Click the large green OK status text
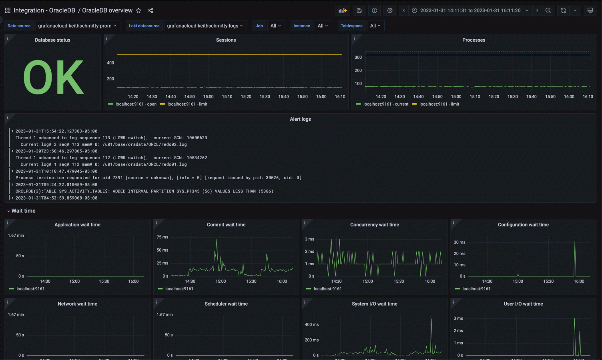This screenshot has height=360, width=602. (x=53, y=77)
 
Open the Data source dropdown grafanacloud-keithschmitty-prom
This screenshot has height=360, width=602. (x=77, y=26)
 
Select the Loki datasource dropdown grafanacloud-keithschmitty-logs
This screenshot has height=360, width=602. (x=205, y=26)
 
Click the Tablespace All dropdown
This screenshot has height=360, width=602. (x=375, y=26)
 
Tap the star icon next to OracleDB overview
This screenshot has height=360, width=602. (x=138, y=10)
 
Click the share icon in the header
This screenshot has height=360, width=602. (x=150, y=10)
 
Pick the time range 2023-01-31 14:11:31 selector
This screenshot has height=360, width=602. (x=470, y=10)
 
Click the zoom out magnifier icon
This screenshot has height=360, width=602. (x=548, y=10)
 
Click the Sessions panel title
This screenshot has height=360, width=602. (x=226, y=40)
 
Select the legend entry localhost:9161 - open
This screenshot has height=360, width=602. (x=136, y=104)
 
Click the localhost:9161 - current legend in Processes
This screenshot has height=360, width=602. (x=385, y=104)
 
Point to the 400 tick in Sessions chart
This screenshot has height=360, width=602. (x=110, y=63)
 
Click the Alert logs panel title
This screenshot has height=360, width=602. (x=300, y=119)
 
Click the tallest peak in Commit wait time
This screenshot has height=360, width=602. (x=217, y=240)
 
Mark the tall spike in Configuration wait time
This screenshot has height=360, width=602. (x=575, y=241)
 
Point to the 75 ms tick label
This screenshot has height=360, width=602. (x=162, y=237)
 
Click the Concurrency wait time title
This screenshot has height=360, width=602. (x=374, y=225)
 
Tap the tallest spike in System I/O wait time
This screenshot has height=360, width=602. (x=431, y=319)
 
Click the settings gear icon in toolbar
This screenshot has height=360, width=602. (x=389, y=10)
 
